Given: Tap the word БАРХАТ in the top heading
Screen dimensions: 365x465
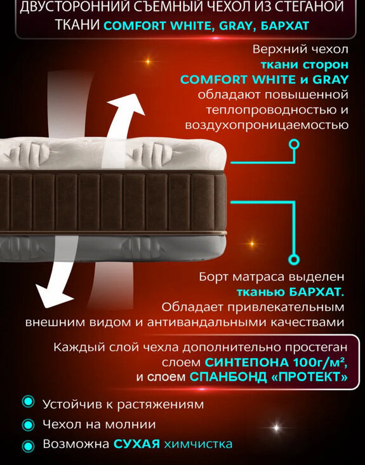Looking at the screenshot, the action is pos(285,26).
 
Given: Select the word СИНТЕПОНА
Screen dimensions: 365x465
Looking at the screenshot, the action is pos(246,362).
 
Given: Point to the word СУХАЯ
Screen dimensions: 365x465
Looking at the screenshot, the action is pos(137,444).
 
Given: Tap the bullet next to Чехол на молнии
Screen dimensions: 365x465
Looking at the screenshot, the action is pos(28,424).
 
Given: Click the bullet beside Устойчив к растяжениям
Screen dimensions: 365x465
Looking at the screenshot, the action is pos(28,402).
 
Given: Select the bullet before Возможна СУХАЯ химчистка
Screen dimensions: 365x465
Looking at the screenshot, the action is pos(28,445).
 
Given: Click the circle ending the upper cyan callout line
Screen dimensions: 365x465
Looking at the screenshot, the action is pos(294,145).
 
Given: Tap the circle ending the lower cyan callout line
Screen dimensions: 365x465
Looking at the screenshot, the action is pos(294,260).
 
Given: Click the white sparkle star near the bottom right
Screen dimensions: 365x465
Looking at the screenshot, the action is pos(276,428).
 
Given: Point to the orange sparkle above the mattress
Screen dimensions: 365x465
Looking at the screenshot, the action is pos(147,62).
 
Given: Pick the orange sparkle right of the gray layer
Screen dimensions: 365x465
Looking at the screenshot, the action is pos(251,244).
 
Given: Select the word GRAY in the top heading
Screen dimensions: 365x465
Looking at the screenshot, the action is pos(236,26).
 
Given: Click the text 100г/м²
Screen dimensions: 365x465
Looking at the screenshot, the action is pos(320,362).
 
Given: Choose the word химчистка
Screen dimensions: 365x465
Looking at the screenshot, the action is pos(198,444).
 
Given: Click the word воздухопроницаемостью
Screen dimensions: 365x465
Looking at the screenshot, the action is pos(267,126).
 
